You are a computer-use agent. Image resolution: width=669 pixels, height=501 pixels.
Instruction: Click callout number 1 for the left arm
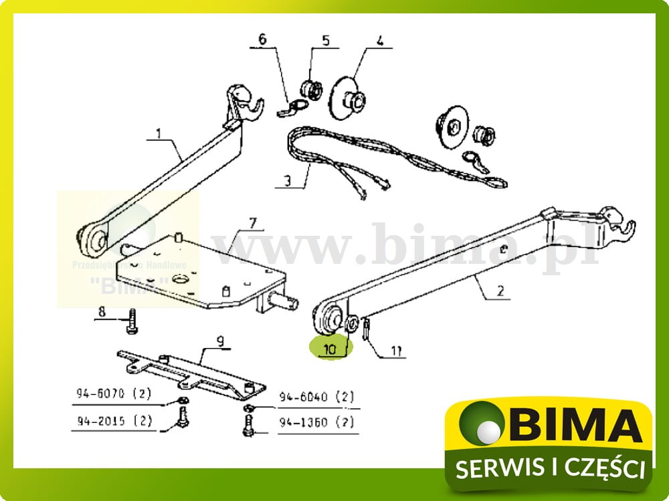coord(159,134)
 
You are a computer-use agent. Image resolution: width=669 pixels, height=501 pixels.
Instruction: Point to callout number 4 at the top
coord(379,40)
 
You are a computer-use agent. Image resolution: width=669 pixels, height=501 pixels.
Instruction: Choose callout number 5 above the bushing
coord(325,40)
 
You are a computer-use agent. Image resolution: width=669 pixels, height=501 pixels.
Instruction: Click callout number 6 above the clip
coord(262,39)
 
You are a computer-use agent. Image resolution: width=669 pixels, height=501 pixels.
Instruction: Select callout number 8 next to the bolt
coord(102,311)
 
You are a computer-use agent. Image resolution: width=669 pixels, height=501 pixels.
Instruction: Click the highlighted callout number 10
coord(330,349)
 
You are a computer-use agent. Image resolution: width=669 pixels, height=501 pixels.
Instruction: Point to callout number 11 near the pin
coord(398,351)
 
